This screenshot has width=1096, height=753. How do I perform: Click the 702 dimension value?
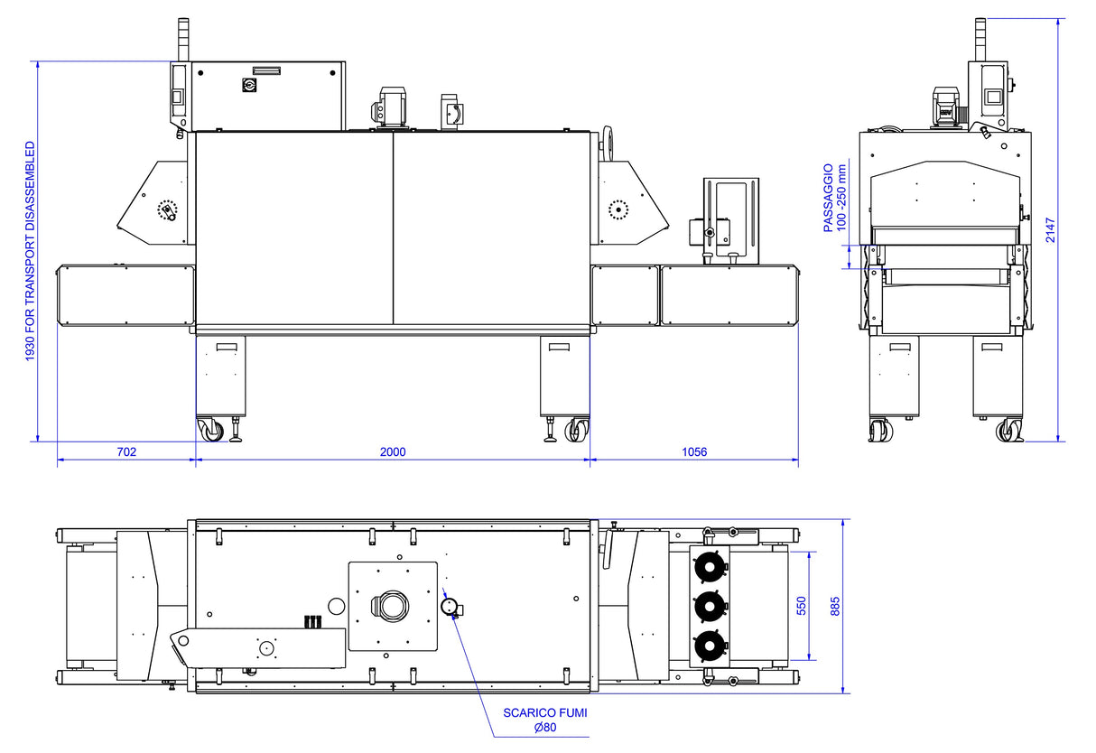(126, 451)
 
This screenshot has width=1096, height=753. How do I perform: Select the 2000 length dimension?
(393, 451)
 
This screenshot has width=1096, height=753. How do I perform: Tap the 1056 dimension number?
(694, 451)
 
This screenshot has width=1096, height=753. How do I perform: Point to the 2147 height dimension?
(1051, 230)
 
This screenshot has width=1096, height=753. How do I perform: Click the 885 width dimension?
(835, 606)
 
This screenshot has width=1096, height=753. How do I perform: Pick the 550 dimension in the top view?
(802, 606)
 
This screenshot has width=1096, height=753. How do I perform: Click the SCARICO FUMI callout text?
(545, 713)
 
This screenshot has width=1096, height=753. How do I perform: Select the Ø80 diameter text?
(545, 728)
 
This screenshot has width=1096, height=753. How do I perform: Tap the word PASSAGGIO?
(828, 198)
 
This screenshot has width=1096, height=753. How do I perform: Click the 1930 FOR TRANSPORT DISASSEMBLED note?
(31, 252)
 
